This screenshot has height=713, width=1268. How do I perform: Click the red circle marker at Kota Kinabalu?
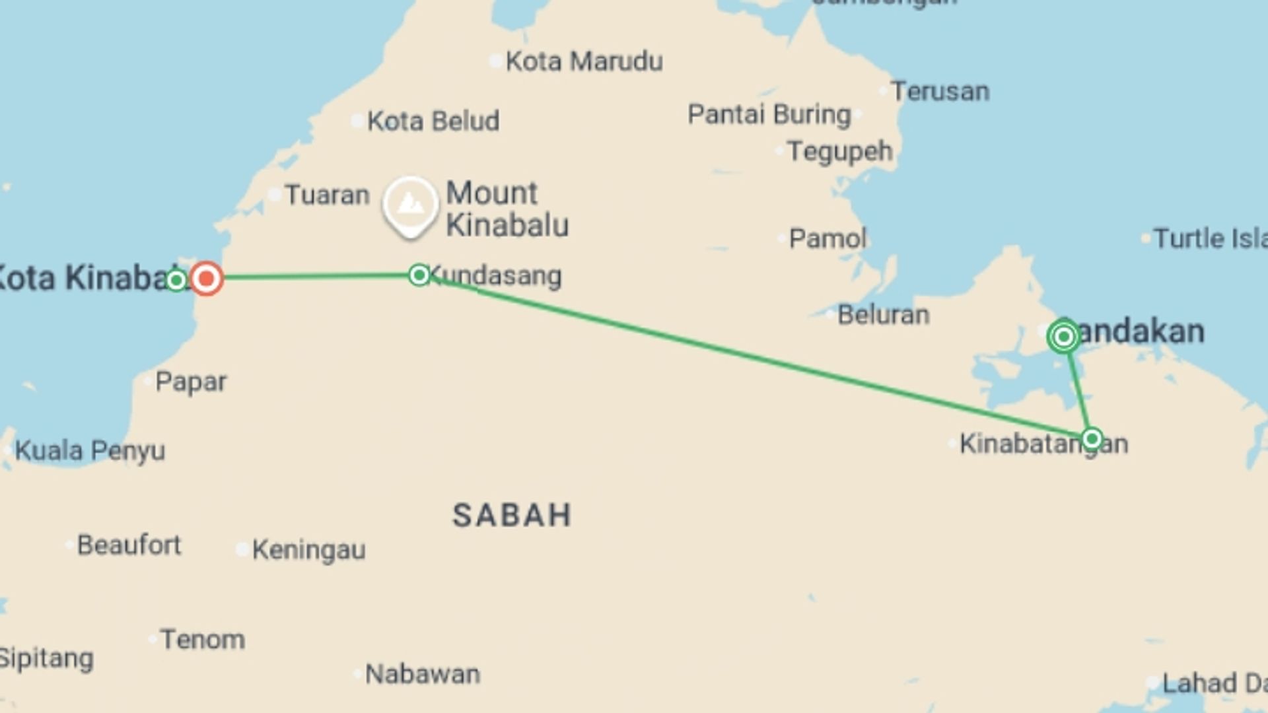206,279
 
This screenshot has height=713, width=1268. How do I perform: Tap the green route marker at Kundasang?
419,275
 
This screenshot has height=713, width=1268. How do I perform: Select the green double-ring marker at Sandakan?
1063,337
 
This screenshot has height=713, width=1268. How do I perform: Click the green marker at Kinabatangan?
1092,438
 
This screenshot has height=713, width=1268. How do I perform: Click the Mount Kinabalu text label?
507,209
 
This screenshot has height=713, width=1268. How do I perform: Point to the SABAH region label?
512,515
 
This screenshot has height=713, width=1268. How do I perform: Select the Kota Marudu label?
584,61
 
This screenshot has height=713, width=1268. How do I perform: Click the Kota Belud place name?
433,121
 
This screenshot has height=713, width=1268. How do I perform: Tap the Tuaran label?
327,195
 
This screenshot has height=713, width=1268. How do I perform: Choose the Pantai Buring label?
769,114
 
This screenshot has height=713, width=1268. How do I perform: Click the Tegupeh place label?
840,152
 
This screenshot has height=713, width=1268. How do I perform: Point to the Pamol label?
828,238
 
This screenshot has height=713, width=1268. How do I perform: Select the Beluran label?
883,315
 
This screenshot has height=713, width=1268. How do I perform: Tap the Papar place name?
191,382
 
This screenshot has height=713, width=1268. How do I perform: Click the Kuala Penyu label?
90,451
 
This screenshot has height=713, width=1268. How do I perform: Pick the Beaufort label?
129,545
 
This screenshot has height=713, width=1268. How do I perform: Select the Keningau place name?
308,549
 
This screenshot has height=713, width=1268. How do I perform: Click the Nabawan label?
423,674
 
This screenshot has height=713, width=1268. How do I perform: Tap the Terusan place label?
940,91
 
